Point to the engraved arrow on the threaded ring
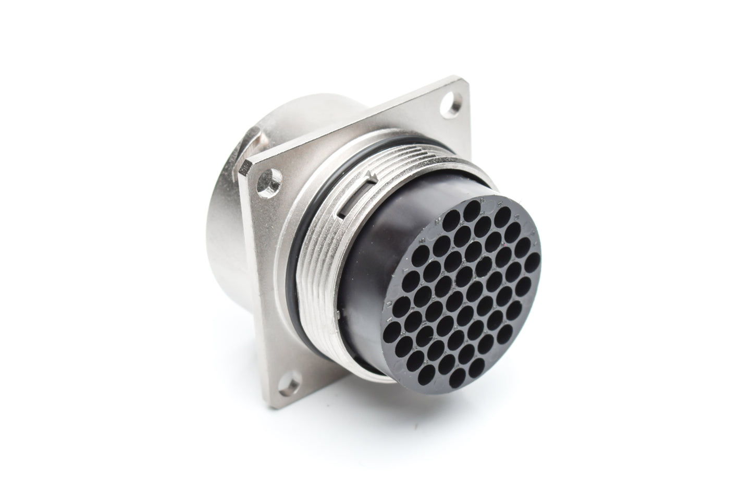pyautogui.click(x=371, y=177)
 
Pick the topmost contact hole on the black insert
pyautogui.click(x=472, y=209)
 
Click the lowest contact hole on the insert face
pyautogui.click(x=460, y=374)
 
